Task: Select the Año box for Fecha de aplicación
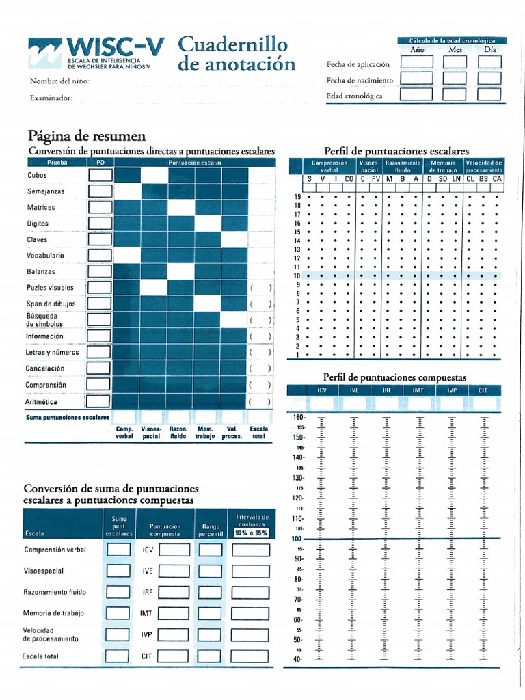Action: tap(416, 62)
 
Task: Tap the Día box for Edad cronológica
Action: tap(489, 94)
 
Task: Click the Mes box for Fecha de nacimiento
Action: tap(455, 78)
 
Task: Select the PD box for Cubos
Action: tap(100, 175)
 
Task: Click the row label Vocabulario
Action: tap(46, 255)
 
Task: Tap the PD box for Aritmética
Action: tap(100, 402)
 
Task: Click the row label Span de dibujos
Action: tap(51, 304)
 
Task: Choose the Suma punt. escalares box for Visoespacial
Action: tap(118, 571)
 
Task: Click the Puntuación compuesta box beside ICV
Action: tap(174, 550)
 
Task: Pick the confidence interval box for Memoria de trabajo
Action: tap(250, 613)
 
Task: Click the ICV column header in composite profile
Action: tap(321, 390)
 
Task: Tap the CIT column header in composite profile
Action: tap(483, 390)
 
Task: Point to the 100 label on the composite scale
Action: tap(297, 539)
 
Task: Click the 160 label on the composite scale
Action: tap(298, 417)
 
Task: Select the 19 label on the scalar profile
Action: tap(297, 196)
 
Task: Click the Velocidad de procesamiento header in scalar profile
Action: tap(483, 166)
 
